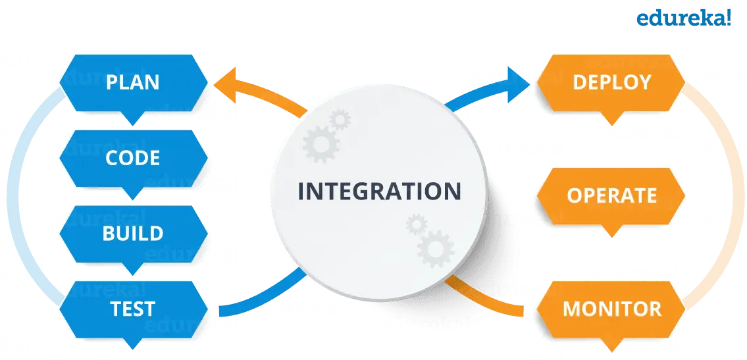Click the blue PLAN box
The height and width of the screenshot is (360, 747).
(x=132, y=82)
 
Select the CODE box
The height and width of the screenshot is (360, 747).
(x=132, y=158)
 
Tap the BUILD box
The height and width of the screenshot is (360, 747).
(x=132, y=234)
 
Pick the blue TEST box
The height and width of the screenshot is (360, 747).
(x=132, y=309)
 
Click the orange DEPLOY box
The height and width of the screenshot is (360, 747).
(x=611, y=82)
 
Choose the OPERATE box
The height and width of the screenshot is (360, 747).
(x=611, y=195)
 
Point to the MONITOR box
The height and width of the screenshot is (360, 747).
(x=611, y=309)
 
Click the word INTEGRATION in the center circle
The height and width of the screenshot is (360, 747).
(x=379, y=192)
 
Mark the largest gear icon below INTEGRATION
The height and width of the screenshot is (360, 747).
(x=435, y=249)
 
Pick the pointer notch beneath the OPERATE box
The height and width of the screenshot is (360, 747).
(x=611, y=230)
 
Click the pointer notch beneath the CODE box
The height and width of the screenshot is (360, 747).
(x=132, y=193)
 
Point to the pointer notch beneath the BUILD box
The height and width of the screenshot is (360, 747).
(x=132, y=269)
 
